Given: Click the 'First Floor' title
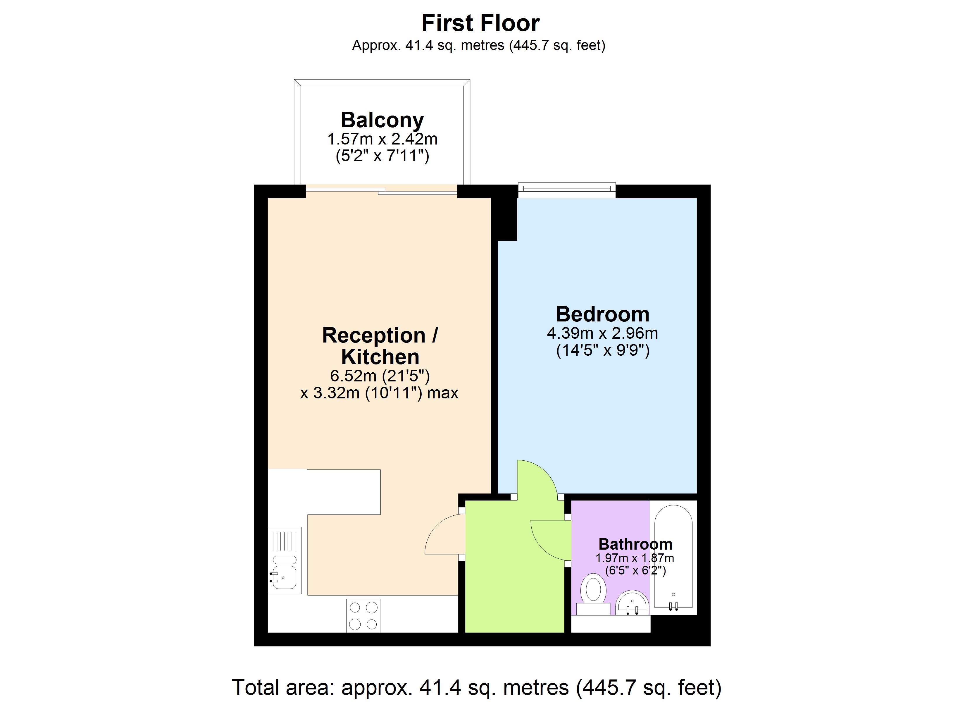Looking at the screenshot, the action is click(480, 23).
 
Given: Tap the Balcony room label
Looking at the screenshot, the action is click(382, 120).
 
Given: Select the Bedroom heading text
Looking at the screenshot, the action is click(602, 314).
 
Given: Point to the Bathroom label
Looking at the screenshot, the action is click(635, 544).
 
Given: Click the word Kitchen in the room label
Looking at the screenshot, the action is click(380, 357).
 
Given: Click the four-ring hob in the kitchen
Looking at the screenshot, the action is click(363, 616).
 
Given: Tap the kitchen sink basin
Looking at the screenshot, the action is click(284, 577).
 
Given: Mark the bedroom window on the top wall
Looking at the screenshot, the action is click(567, 190).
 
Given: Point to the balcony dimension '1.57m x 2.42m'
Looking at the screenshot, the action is click(382, 139).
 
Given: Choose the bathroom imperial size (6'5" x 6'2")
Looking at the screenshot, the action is click(635, 570).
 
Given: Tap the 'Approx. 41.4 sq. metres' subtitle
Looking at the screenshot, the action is click(428, 45).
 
